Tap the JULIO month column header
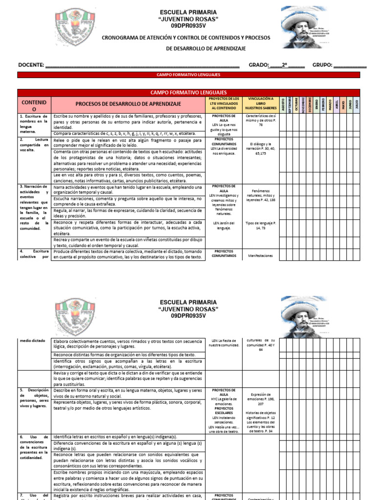tap(357, 104)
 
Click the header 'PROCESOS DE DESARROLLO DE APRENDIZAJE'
tap(128, 104)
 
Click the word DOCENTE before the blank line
tap(31, 65)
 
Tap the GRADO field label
tap(259, 65)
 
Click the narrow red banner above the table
tap(188, 75)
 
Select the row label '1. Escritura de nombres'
tap(34, 124)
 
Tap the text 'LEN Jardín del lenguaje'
tap(224, 226)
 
